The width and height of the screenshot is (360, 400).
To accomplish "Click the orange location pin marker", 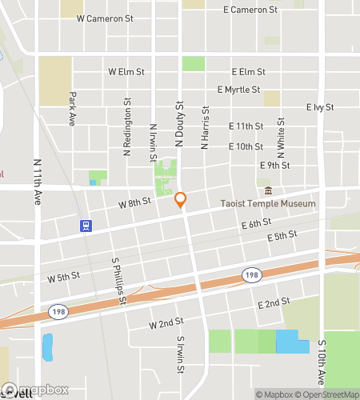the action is [x=181, y=201].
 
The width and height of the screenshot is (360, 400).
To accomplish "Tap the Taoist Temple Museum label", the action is [x=267, y=204].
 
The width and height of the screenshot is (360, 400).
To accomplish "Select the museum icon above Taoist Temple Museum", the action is [x=268, y=191].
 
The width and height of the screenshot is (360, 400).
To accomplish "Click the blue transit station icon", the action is [x=85, y=226].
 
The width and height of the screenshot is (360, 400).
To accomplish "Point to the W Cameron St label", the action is [x=104, y=18].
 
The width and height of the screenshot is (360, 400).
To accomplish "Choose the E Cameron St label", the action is [x=250, y=10].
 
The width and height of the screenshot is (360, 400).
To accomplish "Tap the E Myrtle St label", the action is [x=238, y=90].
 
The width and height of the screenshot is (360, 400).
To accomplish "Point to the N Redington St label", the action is [x=126, y=126].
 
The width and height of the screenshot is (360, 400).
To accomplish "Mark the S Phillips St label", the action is [x=119, y=281].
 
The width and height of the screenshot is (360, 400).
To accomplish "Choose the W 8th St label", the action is [x=134, y=203].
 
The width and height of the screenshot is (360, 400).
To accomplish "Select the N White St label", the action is [x=282, y=137].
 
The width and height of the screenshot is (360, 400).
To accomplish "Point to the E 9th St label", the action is [x=274, y=165].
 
